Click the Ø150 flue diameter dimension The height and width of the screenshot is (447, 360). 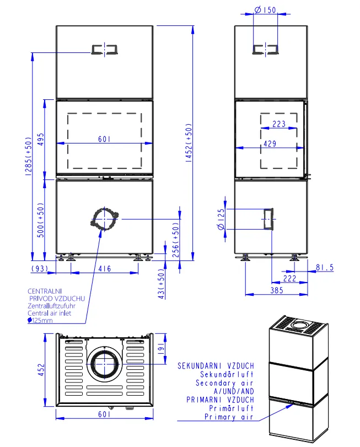[x=265, y=10]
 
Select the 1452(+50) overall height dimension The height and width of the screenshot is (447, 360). [x=189, y=143]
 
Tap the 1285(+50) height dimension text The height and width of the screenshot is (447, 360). [x=29, y=156]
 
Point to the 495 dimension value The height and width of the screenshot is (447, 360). [x=41, y=140]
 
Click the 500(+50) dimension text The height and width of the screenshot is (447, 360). [x=41, y=220]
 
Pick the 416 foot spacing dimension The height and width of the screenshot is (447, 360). [x=105, y=269]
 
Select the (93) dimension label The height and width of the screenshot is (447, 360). [x=40, y=269]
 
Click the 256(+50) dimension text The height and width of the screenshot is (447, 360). [x=176, y=240]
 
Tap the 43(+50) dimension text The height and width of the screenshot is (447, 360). [x=161, y=284]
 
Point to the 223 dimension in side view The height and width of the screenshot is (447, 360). [x=279, y=124]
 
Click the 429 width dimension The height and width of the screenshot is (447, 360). [x=270, y=143]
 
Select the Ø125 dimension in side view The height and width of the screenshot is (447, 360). [x=221, y=219]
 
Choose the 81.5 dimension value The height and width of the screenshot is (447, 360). [x=325, y=268]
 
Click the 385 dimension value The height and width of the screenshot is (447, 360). [x=277, y=290]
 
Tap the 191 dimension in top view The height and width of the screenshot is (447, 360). [x=161, y=348]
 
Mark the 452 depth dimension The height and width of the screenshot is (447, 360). [x=41, y=369]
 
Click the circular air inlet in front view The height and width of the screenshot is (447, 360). [x=105, y=219]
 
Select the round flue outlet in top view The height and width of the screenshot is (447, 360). [x=105, y=364]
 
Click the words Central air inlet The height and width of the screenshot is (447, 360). [x=49, y=313]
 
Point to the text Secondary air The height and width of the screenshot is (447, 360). [x=224, y=383]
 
